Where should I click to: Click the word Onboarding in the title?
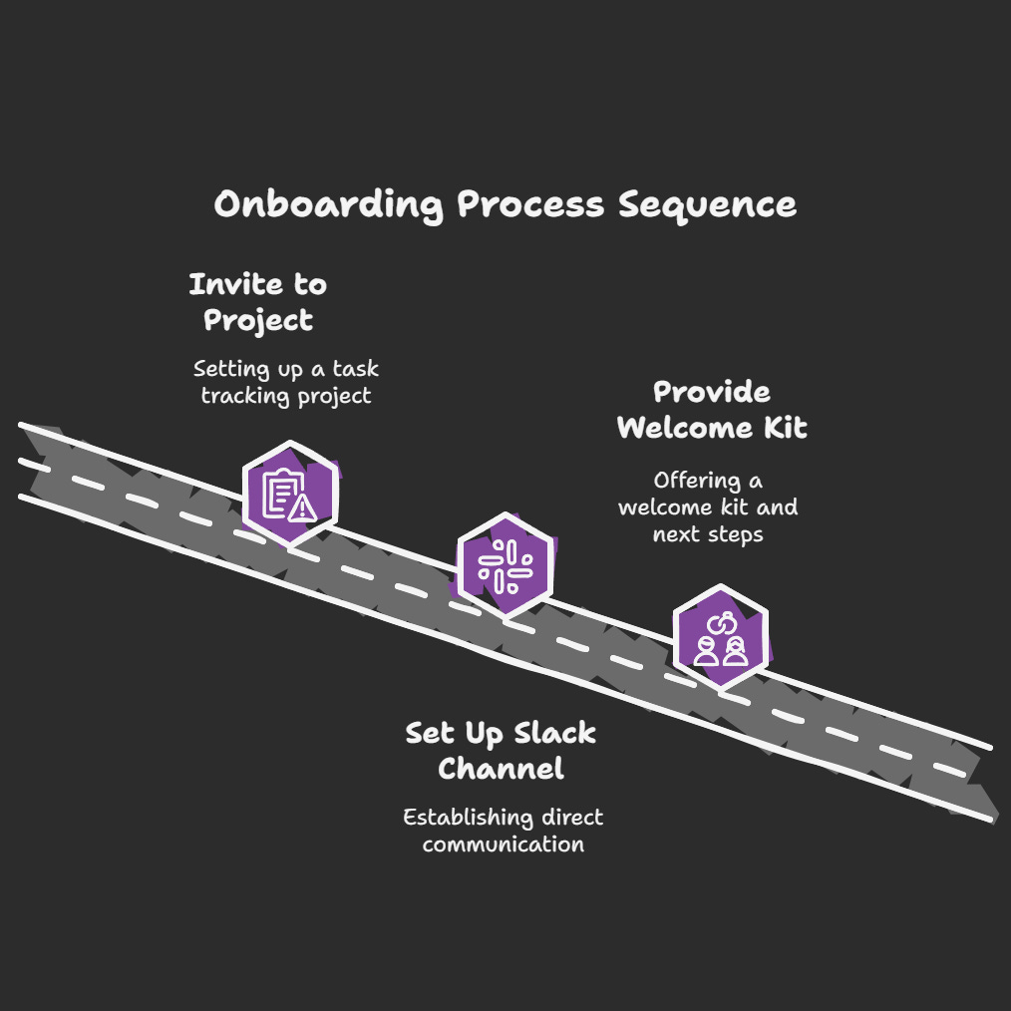click(328, 205)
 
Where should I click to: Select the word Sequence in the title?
click(707, 205)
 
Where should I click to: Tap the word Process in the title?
click(530, 205)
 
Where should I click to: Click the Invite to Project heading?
click(258, 302)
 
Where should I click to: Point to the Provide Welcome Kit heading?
click(712, 410)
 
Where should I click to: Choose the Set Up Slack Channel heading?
click(501, 751)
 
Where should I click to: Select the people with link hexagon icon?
click(720, 638)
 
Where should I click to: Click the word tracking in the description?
click(240, 396)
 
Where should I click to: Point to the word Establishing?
click(454, 818)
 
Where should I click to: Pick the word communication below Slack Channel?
click(503, 844)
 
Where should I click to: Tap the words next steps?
click(708, 533)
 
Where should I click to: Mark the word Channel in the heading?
click(501, 769)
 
